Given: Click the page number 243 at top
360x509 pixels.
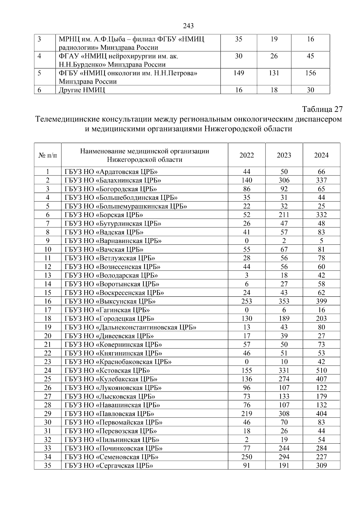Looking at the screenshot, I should tap(188, 26).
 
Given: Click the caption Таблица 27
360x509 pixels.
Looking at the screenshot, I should tap(322, 109).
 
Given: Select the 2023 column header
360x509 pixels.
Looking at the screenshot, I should tap(284, 155).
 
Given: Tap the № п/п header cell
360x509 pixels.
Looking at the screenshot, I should tap(48, 155).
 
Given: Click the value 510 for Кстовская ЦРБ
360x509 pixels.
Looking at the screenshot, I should tap(321, 370).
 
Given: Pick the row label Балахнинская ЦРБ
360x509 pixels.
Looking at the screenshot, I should tap(113, 180).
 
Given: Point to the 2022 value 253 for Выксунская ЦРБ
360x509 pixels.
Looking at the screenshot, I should tap(247, 301).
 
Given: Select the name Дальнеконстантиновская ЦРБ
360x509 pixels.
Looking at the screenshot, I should tap(130, 327).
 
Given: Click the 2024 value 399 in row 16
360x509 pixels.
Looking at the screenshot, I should tap(321, 301).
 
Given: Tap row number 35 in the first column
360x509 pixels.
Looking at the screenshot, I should tap(48, 466).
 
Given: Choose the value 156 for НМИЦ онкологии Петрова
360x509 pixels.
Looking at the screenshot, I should tap(310, 73).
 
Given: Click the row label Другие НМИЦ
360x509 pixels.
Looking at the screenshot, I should tap(82, 90).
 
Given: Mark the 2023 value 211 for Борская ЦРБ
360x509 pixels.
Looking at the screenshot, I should tap(284, 215).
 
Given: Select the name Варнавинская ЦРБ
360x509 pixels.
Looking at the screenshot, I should tap(113, 241).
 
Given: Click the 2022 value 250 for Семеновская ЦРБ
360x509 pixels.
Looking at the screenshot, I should tap(247, 457).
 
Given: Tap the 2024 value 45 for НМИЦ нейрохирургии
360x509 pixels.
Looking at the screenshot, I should tap(310, 56).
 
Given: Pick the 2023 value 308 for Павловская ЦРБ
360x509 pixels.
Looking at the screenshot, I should tap(284, 414).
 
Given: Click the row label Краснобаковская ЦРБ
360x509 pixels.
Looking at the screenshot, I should tap(118, 362).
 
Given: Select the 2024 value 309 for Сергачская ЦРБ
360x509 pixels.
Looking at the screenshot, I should tap(321, 466).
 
